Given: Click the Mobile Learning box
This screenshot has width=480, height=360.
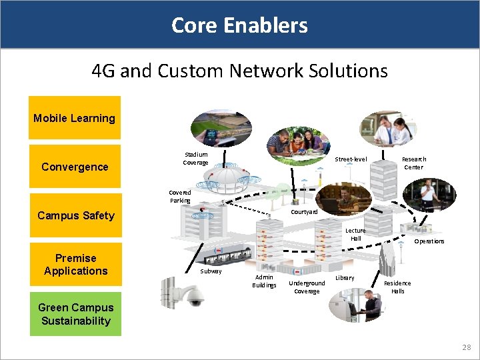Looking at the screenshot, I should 75,118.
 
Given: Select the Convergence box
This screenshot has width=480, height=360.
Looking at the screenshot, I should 75,167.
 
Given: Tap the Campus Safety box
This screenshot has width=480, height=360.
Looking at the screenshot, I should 75,215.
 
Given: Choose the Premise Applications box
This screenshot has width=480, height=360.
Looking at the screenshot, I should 75,265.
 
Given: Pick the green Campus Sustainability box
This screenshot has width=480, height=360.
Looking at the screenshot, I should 75,314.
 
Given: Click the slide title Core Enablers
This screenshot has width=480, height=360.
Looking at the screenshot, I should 239,25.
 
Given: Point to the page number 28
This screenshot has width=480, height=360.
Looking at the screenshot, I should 466,347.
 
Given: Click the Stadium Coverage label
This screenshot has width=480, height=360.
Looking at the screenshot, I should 195,159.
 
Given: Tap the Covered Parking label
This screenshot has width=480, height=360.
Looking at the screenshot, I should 180,196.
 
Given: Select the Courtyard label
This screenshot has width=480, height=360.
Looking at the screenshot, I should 305,212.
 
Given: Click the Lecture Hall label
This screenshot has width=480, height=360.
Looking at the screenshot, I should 355,234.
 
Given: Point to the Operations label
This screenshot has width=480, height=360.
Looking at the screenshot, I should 429,241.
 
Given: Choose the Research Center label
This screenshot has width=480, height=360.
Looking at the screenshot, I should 413,163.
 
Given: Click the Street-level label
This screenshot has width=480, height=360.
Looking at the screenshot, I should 351,159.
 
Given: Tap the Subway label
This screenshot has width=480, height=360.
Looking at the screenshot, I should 211,271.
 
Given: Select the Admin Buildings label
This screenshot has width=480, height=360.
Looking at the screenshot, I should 264,281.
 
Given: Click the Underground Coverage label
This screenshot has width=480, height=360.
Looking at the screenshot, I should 307,287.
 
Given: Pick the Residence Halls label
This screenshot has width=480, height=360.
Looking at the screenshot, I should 397,287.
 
